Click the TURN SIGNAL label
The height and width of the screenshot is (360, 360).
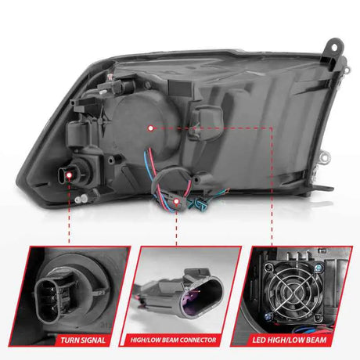[x=83, y=340]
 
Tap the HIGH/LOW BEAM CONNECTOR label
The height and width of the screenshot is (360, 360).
[x=173, y=340]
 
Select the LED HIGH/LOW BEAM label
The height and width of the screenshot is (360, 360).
[x=290, y=340]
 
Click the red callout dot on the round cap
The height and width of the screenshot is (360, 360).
[x=150, y=128]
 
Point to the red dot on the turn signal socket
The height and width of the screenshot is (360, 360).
[x=69, y=175]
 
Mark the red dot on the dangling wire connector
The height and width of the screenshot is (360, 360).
[x=176, y=201]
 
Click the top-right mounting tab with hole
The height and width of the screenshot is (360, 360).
[x=334, y=49]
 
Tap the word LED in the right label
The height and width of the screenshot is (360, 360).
[x=258, y=340]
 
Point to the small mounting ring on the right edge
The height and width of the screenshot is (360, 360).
[x=326, y=157]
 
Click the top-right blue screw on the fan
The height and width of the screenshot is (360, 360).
[x=319, y=268]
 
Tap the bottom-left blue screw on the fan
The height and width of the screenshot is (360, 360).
[x=268, y=316]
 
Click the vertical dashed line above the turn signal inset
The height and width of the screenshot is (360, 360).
[x=69, y=211]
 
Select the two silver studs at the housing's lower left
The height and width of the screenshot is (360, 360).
[x=81, y=199]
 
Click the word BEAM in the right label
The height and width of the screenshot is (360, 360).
[x=315, y=340]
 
